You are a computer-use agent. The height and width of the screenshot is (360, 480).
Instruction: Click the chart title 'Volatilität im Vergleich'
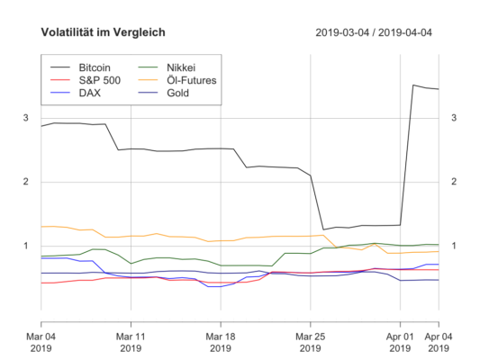click(103, 33)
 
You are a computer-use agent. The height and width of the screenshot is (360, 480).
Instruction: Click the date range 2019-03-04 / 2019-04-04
click(374, 33)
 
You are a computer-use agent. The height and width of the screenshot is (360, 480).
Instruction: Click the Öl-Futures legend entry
click(190, 80)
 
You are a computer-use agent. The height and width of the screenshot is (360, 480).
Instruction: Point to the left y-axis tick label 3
click(25, 118)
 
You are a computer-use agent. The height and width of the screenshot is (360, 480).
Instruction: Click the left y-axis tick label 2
click(25, 182)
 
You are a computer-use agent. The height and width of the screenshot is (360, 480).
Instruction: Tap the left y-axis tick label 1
click(25, 246)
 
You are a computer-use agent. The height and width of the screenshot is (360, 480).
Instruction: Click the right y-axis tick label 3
click(454, 118)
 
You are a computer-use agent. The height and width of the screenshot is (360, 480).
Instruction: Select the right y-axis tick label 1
click(454, 246)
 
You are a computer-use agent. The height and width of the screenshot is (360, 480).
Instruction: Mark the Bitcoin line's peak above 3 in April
click(413, 85)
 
